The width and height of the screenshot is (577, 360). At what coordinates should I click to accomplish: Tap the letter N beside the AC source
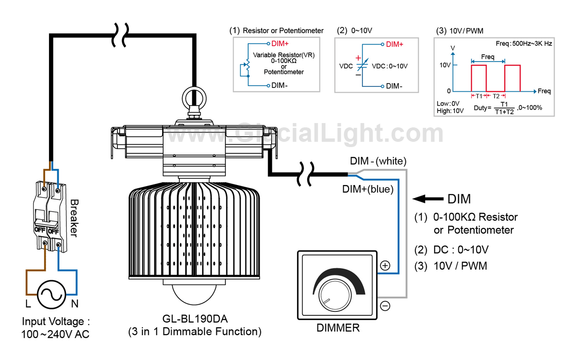(x=75, y=304)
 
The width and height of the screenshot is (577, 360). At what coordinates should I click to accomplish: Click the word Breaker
(x=74, y=218)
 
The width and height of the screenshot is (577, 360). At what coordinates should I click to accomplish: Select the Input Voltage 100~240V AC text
(x=56, y=327)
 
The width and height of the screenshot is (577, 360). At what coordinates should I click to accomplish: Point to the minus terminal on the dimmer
(x=385, y=306)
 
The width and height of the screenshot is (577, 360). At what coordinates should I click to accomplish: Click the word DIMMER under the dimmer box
(x=338, y=328)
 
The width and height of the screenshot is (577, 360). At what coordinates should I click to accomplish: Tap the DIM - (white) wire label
(x=378, y=161)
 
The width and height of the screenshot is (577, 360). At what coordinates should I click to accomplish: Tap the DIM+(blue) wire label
(x=368, y=189)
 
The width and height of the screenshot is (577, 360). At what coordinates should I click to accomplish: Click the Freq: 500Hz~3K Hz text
(x=524, y=43)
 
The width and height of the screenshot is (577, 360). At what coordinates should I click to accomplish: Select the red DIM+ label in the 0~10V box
(x=394, y=44)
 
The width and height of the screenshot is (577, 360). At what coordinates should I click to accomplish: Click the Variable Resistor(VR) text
(x=284, y=55)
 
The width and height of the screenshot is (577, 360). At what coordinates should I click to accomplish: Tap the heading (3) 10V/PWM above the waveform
(x=460, y=31)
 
